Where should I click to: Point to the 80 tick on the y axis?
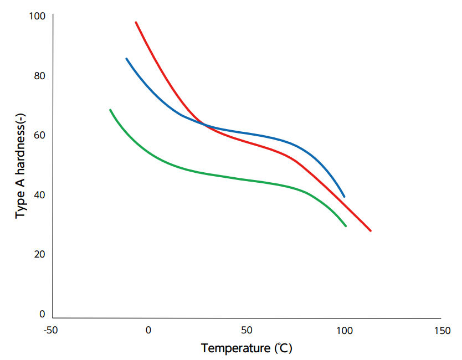(x=39, y=75)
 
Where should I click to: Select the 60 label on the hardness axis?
(x=39, y=135)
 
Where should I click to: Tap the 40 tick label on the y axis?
(x=39, y=195)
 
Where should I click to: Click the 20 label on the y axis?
(x=39, y=254)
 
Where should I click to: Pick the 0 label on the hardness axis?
(x=42, y=314)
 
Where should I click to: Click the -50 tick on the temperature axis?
(x=50, y=331)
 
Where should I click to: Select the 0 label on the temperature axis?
(x=148, y=331)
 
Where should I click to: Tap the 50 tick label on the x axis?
(x=247, y=331)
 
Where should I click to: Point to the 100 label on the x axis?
(x=345, y=331)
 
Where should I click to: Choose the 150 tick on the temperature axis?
(x=443, y=331)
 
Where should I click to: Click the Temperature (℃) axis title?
(x=247, y=348)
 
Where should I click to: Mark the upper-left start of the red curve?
(x=136, y=22)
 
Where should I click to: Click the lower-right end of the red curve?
(x=371, y=230)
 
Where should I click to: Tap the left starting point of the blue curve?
(x=126, y=59)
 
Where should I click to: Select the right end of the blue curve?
(x=345, y=197)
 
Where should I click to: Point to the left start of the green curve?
(x=110, y=110)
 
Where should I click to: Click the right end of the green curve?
(x=346, y=226)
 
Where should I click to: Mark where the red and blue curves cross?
(x=205, y=125)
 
